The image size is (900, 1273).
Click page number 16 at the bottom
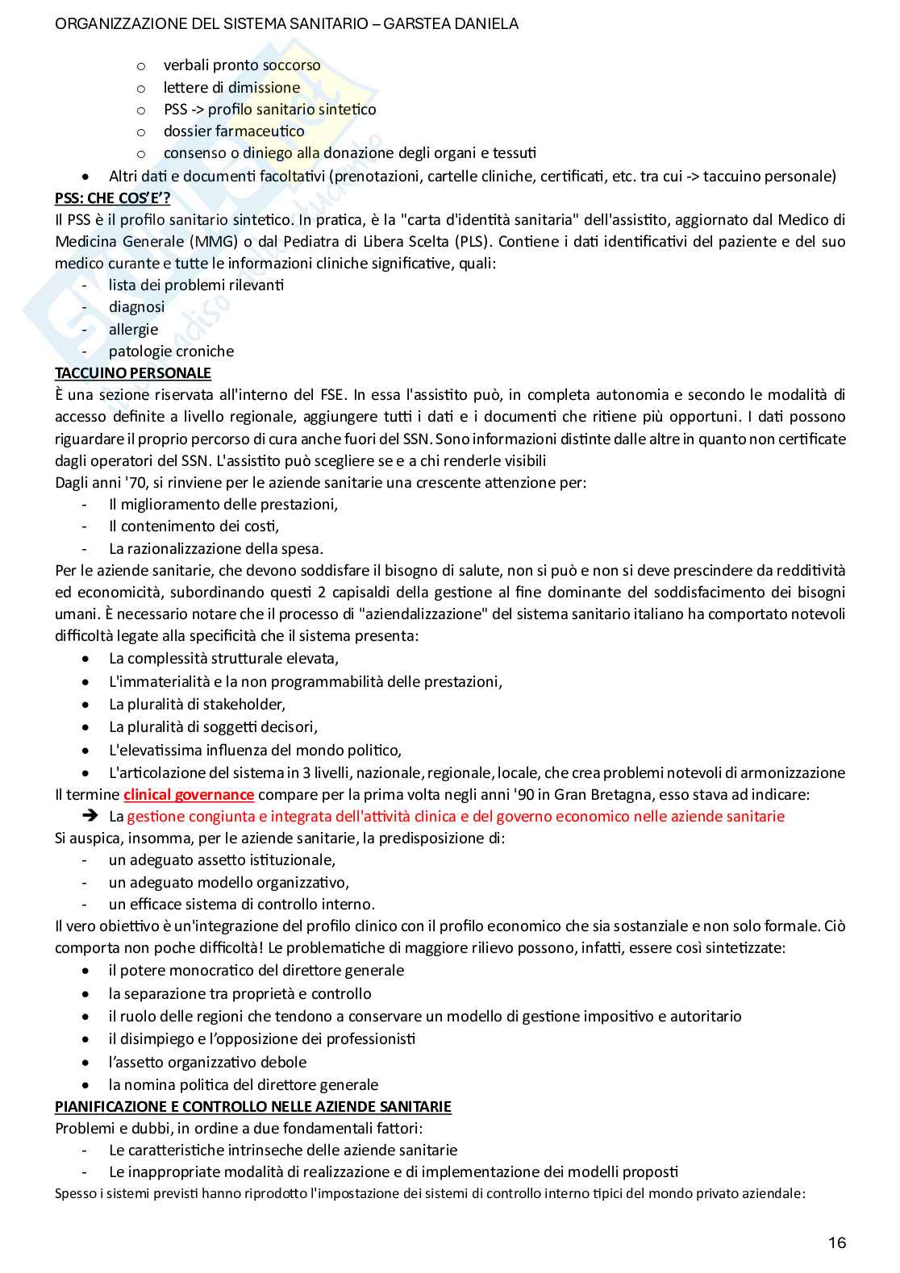coord(836,1242)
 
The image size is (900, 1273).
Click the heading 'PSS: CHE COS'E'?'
coord(112,198)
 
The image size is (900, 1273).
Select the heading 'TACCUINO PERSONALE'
coord(133,372)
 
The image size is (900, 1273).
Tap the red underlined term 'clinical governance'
coord(189,794)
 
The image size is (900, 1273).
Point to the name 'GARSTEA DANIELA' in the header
coord(451,24)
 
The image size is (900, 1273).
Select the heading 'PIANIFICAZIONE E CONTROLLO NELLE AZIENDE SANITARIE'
coord(253,1106)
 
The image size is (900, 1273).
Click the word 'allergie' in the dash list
coord(134,329)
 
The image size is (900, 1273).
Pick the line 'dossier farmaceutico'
coord(234,131)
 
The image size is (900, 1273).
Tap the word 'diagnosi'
coord(137,306)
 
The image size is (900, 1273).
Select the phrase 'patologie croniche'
coord(171,351)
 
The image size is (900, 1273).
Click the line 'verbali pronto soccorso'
coord(242,65)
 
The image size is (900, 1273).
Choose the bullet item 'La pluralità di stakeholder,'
coord(197,704)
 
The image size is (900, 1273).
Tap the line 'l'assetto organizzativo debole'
coord(207,1062)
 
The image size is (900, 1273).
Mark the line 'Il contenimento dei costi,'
coord(194,526)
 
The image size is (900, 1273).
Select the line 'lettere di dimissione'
coord(231,87)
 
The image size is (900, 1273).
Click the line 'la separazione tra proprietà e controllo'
coord(240,993)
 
